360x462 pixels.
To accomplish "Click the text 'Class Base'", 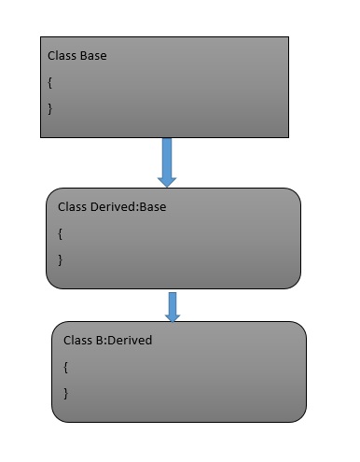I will (x=76, y=56).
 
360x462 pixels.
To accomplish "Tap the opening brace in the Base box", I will (x=50, y=82).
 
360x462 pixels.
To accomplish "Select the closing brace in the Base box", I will (x=50, y=108).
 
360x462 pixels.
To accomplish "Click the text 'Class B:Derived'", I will (x=107, y=341).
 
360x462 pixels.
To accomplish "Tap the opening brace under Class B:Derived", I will (x=66, y=367).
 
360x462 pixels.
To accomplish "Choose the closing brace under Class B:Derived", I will (x=66, y=393).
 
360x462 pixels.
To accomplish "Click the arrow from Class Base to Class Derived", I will (x=167, y=161).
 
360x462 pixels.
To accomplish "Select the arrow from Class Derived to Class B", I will (x=173, y=306).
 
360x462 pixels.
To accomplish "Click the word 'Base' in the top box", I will (x=92, y=56).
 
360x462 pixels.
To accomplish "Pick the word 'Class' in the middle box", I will (x=72, y=206).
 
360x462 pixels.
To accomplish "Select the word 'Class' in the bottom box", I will (x=77, y=341).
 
